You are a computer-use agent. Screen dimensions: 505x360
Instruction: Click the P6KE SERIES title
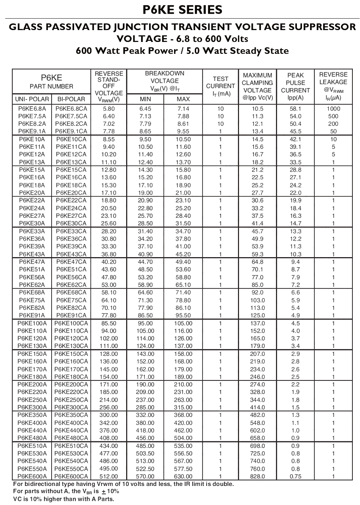pyautogui.click(x=180, y=10)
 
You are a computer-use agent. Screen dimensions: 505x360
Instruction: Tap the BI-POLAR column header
pyautogui.click(x=71, y=99)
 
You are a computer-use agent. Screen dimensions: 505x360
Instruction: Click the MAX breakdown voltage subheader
pyautogui.click(x=183, y=99)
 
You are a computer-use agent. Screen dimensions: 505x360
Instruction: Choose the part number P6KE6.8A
pyautogui.click(x=32, y=108)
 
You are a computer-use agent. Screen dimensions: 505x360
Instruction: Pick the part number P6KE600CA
pyautogui.click(x=71, y=477)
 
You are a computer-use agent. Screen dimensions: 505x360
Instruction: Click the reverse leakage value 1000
pyautogui.click(x=333, y=108)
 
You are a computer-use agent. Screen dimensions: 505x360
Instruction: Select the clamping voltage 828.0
pyautogui.click(x=258, y=477)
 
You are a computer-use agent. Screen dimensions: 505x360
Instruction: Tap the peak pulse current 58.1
pyautogui.click(x=295, y=108)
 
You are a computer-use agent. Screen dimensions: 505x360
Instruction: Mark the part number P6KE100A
pyautogui.click(x=32, y=323)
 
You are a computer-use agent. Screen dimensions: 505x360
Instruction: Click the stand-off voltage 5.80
pyautogui.click(x=109, y=108)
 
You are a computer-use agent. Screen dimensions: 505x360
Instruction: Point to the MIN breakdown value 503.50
pyautogui.click(x=145, y=454)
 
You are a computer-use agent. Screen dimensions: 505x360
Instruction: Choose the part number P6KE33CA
pyautogui.click(x=71, y=231)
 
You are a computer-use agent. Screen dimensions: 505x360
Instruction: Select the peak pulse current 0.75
pyautogui.click(x=295, y=477)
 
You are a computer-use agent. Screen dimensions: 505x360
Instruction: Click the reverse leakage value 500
pyautogui.click(x=333, y=116)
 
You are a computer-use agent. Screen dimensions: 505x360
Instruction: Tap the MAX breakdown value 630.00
pyautogui.click(x=183, y=477)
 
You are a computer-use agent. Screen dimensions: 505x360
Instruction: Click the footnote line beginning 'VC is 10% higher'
pyautogui.click(x=63, y=499)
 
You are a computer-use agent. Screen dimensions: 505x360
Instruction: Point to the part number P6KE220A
pyautogui.click(x=32, y=392)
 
